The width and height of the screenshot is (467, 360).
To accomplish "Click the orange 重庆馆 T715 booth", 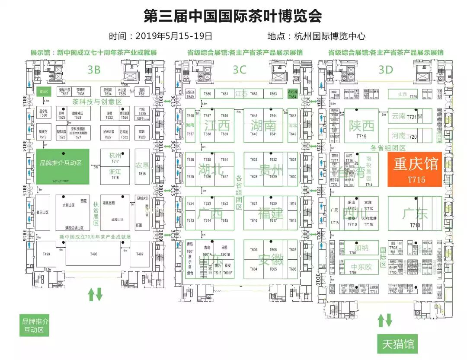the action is [x=414, y=169].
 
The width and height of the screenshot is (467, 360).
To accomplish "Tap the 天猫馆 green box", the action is [x=397, y=344].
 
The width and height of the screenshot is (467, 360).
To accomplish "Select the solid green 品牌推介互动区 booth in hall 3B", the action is [x=63, y=167].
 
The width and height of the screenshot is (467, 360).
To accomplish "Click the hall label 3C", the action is [x=239, y=69].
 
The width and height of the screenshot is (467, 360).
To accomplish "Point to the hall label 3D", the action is [x=385, y=69].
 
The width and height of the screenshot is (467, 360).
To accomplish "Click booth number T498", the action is [x=93, y=254].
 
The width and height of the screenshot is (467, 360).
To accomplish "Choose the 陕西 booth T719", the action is [x=361, y=128].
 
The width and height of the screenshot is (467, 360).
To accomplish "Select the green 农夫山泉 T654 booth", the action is [x=292, y=95].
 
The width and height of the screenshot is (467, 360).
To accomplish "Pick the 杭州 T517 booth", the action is [x=115, y=158].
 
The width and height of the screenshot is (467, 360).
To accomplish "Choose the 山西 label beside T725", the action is [x=403, y=94].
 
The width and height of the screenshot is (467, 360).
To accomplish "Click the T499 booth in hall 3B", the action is [x=46, y=254].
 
